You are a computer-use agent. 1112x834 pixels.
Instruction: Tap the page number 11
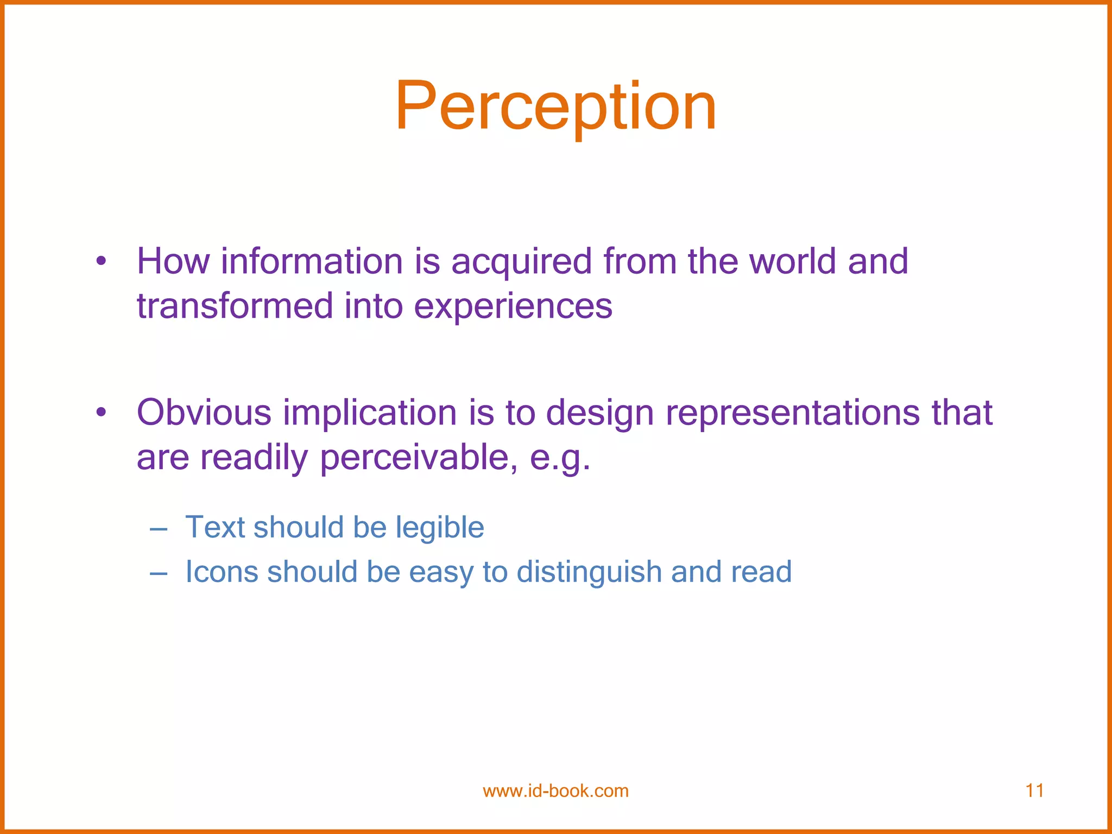click(x=1034, y=791)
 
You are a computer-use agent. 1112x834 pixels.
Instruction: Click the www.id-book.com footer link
click(x=555, y=791)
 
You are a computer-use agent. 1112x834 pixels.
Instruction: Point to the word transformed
click(x=234, y=306)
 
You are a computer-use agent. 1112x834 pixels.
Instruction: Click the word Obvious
click(x=204, y=413)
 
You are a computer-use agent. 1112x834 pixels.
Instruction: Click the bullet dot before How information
click(x=100, y=262)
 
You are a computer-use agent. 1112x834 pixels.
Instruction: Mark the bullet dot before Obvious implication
click(x=100, y=413)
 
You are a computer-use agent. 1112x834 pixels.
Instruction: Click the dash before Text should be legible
click(x=158, y=529)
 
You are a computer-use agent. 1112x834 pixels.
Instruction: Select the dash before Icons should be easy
click(x=158, y=573)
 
